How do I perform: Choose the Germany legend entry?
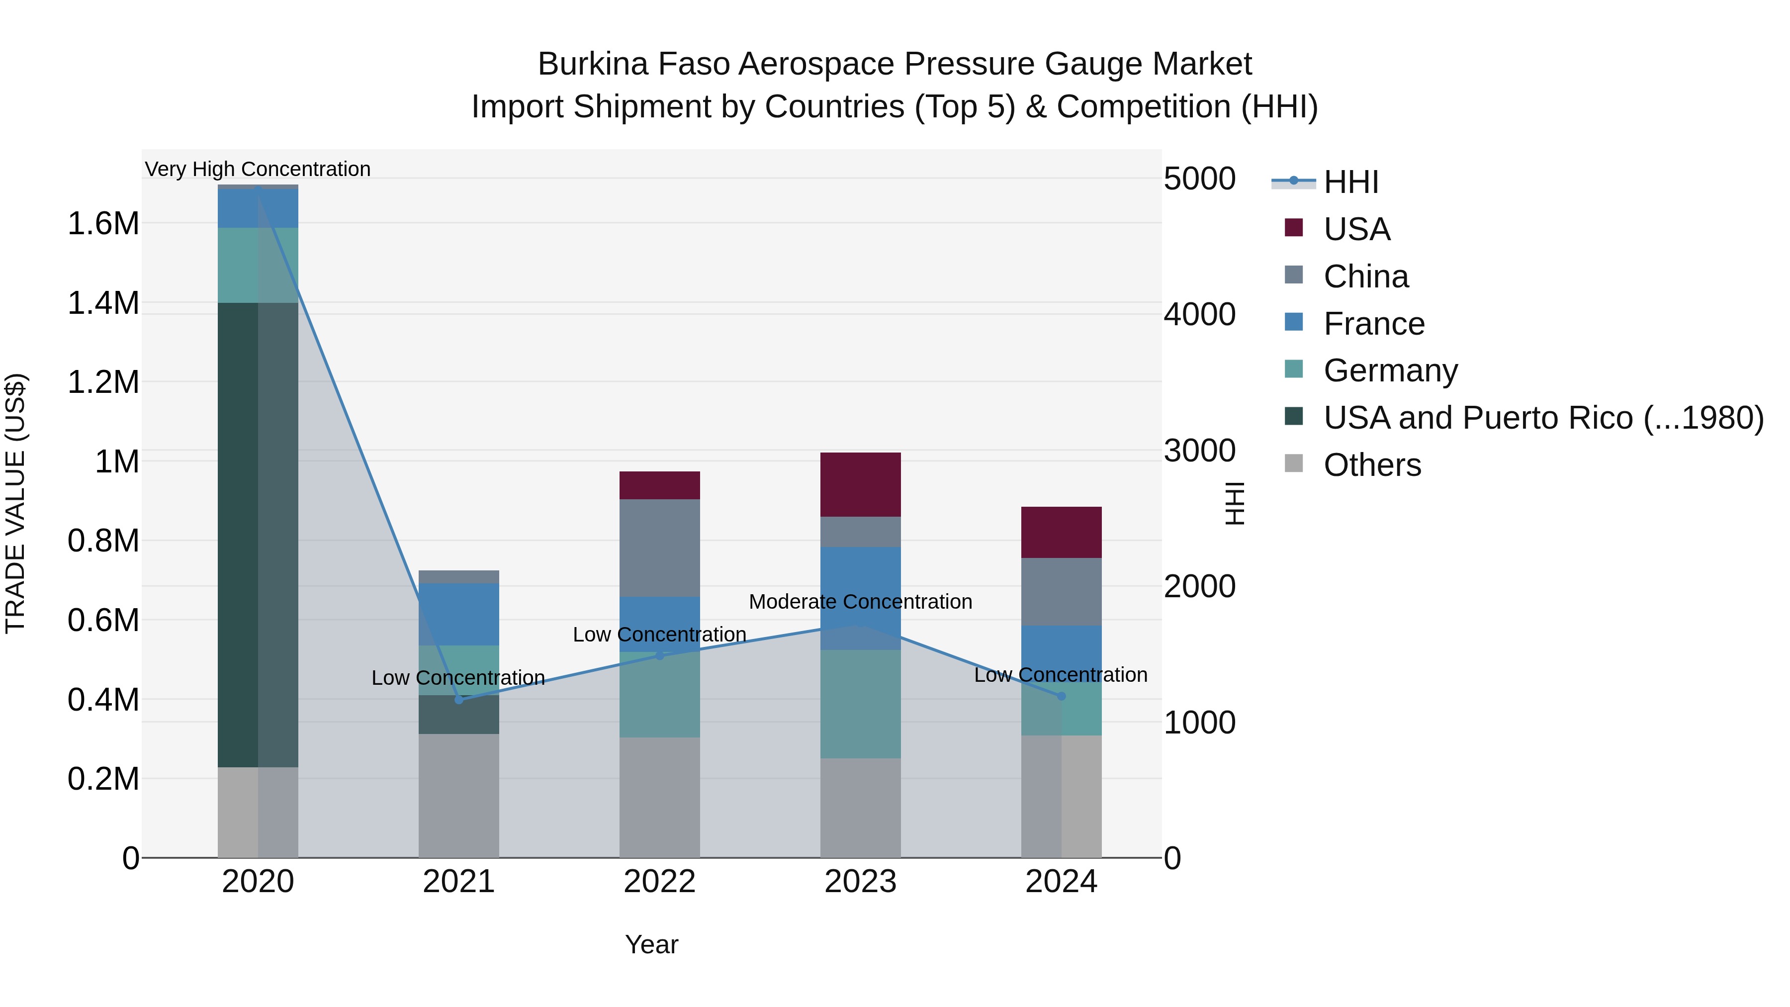coord(1390,370)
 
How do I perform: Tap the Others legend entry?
coord(1372,465)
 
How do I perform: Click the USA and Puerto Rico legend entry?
coord(1542,418)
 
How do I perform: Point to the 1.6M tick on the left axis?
coord(103,224)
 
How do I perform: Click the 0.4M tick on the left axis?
coord(103,700)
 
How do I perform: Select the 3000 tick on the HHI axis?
coord(1199,451)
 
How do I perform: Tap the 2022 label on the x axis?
coord(659,882)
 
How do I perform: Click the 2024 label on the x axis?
coord(1061,882)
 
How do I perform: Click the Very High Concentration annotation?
coord(258,169)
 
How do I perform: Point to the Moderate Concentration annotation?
coord(860,602)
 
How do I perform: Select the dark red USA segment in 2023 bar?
coord(860,484)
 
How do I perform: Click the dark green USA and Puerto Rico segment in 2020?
coord(238,535)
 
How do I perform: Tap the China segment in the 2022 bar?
coord(659,548)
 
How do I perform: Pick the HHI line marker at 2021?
coord(458,700)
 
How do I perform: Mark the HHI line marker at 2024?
coord(1061,696)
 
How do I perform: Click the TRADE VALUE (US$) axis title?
coord(15,503)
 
